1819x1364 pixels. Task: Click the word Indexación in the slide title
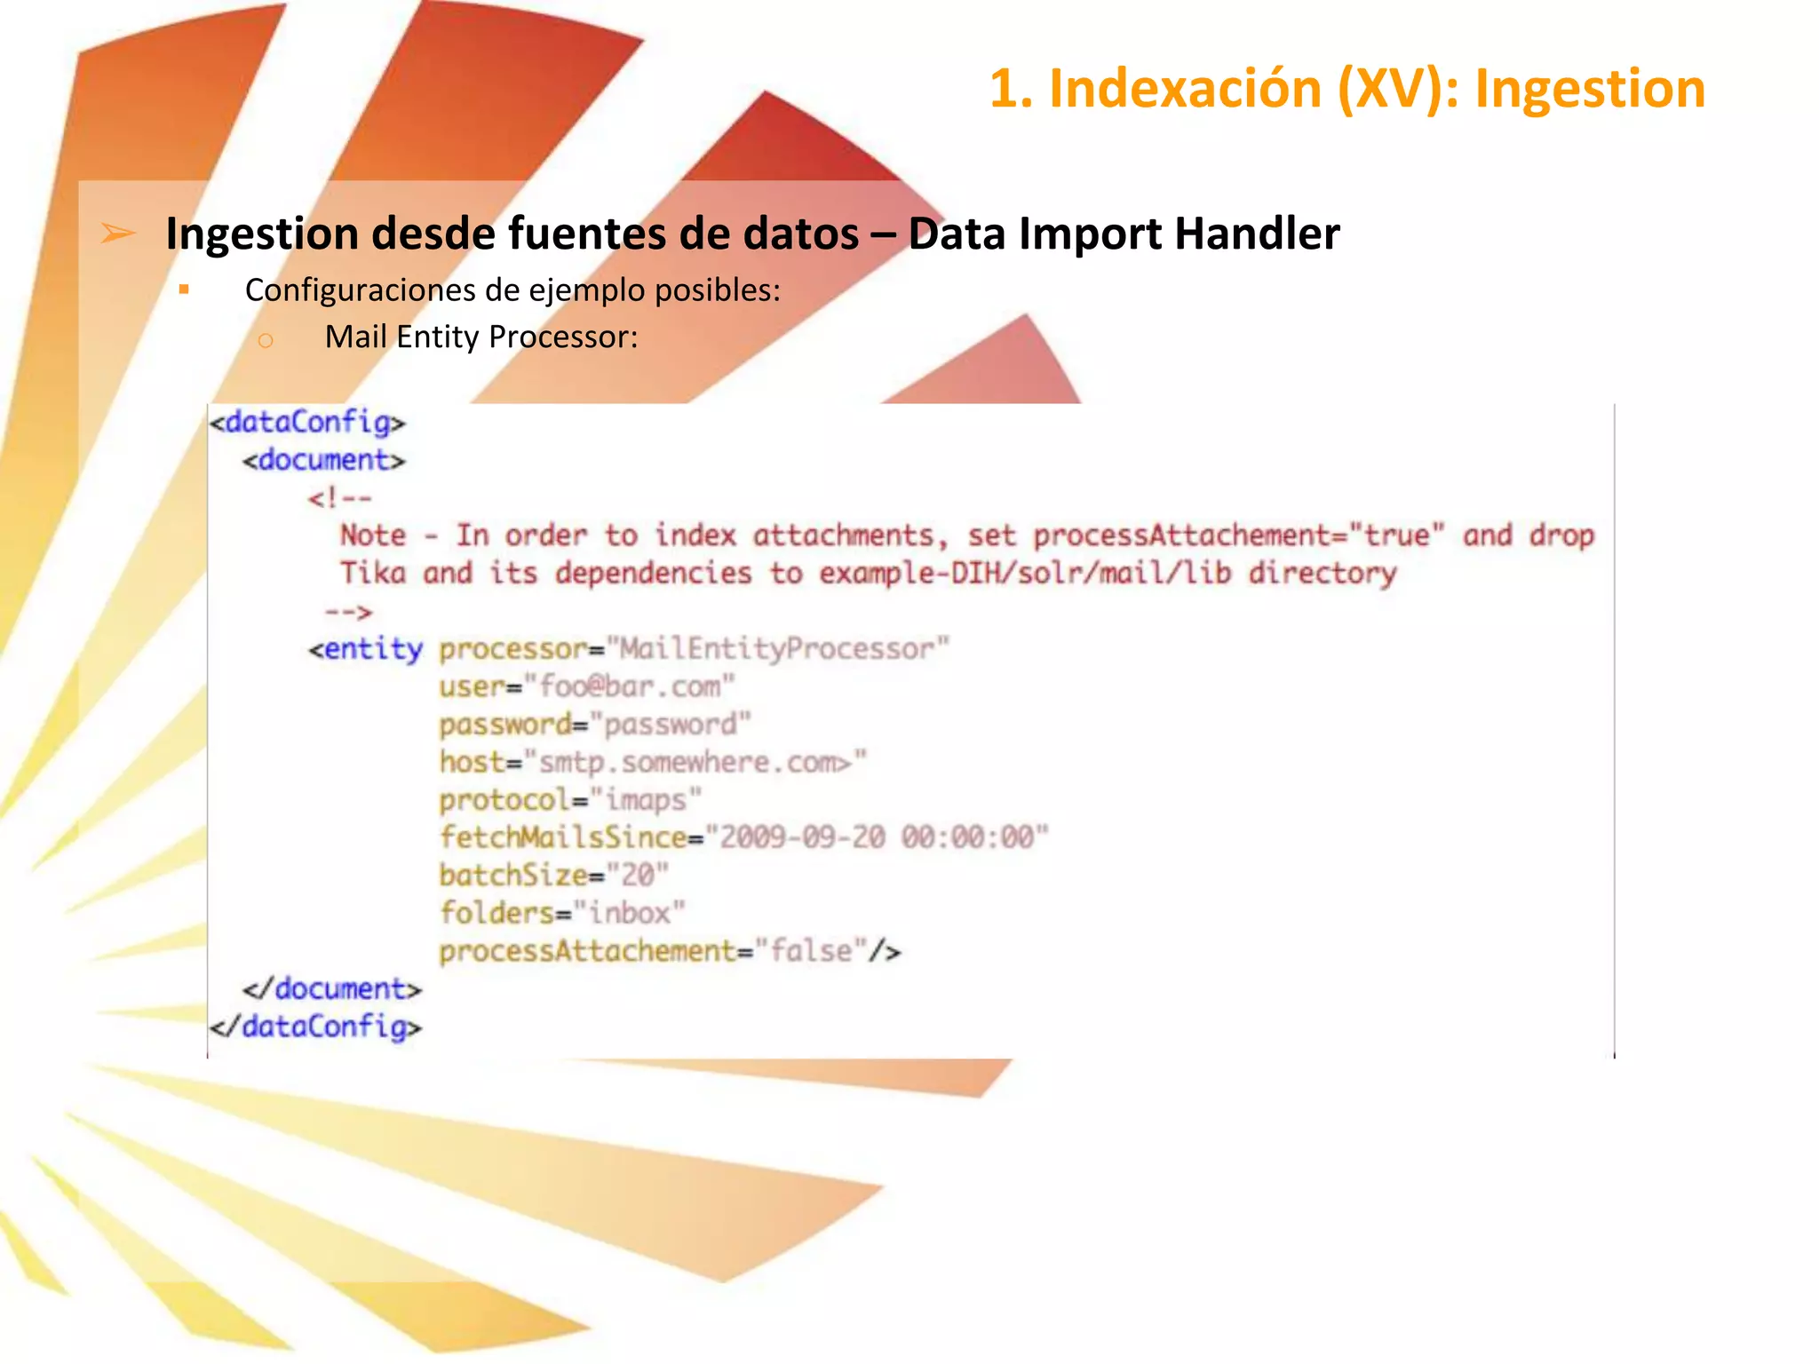(1185, 90)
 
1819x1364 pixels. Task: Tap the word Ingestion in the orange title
(1590, 90)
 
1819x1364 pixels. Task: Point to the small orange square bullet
(184, 289)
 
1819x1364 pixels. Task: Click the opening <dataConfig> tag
(307, 422)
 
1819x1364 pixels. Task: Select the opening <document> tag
(323, 460)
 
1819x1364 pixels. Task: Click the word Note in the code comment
(373, 535)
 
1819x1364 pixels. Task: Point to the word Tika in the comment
(373, 574)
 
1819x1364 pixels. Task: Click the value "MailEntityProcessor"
(777, 649)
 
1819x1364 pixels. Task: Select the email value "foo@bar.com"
(630, 687)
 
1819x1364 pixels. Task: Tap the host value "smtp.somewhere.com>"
(695, 763)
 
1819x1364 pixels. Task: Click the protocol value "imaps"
(646, 800)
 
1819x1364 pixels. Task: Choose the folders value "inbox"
(630, 913)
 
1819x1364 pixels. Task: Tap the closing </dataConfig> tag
(316, 1027)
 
